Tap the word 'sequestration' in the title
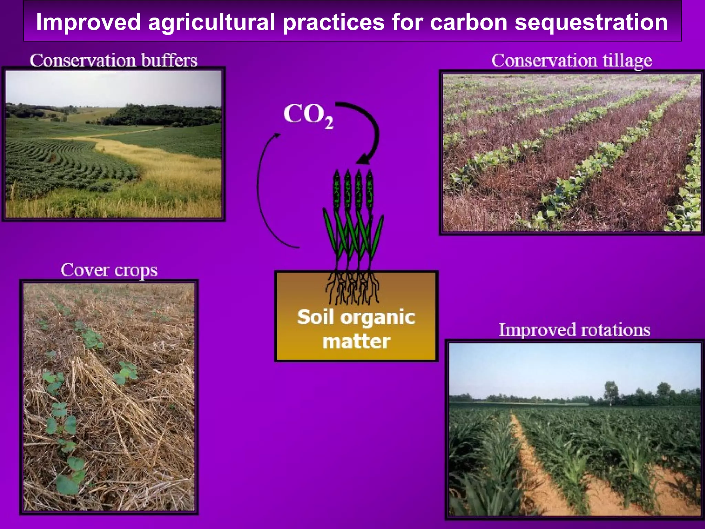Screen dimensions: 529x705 [x=591, y=22]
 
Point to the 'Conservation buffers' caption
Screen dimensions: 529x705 [x=113, y=60]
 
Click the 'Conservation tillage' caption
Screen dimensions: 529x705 [x=571, y=61]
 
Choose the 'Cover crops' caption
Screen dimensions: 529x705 [x=109, y=270]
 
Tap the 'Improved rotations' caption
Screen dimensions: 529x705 [x=574, y=330]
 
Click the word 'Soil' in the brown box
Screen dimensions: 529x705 [x=316, y=317]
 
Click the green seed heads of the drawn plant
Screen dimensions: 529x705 [x=353, y=189]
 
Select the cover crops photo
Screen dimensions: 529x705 [x=109, y=396]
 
